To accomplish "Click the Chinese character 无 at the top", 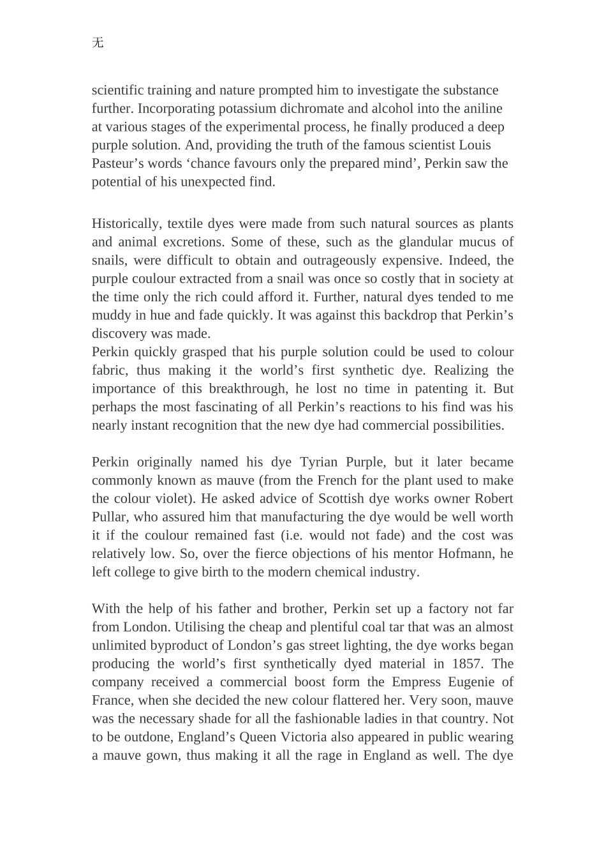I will tap(98, 43).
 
